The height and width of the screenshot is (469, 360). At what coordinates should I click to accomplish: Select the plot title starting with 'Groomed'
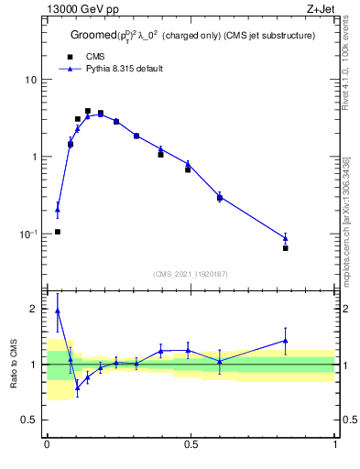192,35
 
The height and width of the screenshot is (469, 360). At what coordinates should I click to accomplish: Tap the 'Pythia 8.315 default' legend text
124,69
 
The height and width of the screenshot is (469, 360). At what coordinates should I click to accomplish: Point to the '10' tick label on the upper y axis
32,80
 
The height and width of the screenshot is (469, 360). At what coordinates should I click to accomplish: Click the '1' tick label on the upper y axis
35,157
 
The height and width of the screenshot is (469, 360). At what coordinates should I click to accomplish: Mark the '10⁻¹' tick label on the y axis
29,234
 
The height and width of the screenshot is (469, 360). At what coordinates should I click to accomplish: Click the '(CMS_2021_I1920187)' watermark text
191,273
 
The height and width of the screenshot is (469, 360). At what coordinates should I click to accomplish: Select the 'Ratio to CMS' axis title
14,364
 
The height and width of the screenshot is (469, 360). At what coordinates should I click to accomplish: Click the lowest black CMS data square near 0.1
58,232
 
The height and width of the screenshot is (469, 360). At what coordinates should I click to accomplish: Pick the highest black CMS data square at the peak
88,111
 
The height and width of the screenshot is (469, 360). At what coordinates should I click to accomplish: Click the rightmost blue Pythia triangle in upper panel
286,238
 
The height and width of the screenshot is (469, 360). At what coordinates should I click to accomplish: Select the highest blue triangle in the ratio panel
58,311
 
